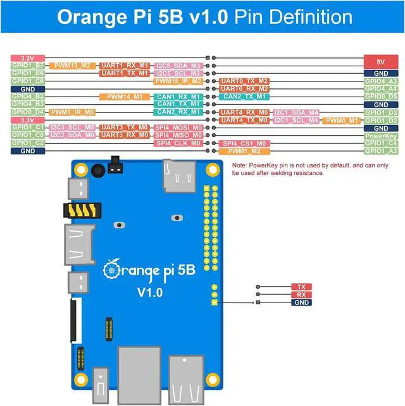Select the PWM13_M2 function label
point(72,65)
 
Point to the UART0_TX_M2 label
point(244,81)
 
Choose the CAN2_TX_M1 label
point(244,97)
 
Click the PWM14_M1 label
point(123,97)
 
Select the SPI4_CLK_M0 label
point(178,143)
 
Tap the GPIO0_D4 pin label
point(28,112)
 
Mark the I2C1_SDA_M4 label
point(296,112)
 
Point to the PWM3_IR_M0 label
point(72,112)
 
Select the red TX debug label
point(301,287)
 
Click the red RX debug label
point(301,294)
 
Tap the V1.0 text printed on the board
point(151,292)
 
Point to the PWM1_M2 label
point(244,151)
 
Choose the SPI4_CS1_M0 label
point(244,143)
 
